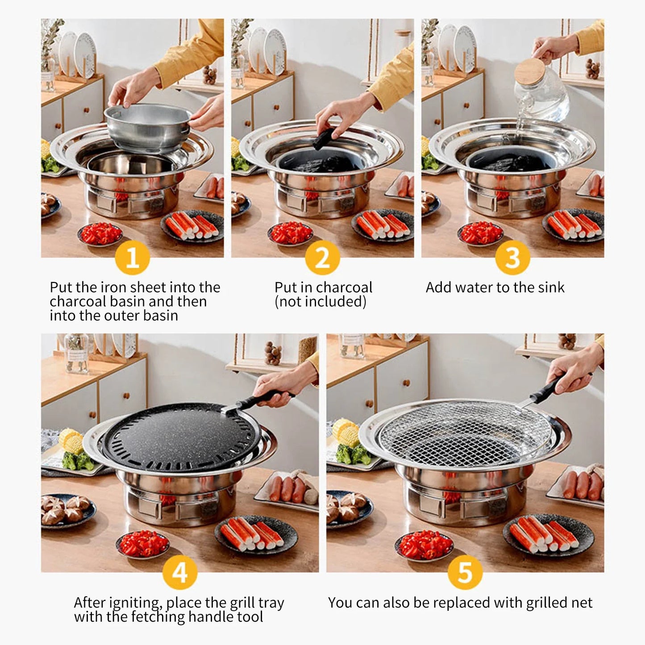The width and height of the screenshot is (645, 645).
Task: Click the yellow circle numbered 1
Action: coord(132,258)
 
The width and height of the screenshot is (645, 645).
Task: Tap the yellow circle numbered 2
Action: coord(322,258)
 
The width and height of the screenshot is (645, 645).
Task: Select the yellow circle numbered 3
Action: coord(512,258)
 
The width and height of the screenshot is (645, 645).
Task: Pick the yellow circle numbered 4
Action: coord(180,573)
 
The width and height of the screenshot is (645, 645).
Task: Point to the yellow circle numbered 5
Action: coord(465,573)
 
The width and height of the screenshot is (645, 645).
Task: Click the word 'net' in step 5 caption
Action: coord(581,603)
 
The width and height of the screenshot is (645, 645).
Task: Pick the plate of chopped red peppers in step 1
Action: coord(100,233)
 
